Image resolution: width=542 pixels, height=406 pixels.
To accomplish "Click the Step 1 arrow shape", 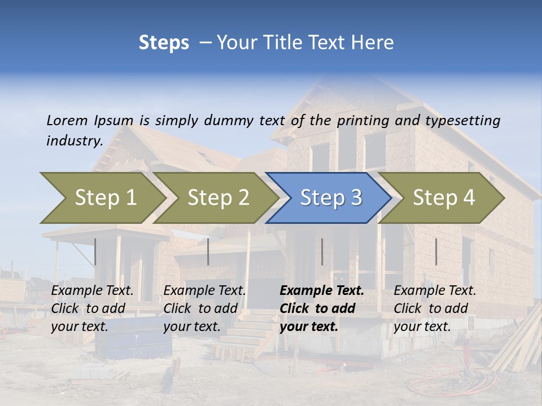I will [x=102, y=198].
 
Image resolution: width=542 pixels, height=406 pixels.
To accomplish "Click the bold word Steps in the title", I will [x=164, y=43].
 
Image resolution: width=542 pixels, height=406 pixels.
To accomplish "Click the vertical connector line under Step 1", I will [x=95, y=251].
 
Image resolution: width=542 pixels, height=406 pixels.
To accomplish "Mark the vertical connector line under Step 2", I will [x=208, y=251].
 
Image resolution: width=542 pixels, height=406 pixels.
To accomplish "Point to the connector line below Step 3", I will [x=322, y=251].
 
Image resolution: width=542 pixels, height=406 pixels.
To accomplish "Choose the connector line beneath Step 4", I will [x=436, y=251].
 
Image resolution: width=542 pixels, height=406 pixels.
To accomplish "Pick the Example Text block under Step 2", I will [x=204, y=308].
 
